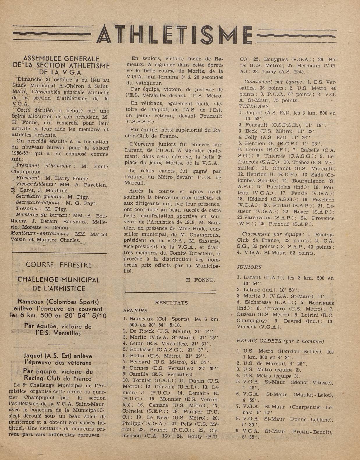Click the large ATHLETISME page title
pyautogui.click(x=175, y=35)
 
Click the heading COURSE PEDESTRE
pyautogui.click(x=58, y=265)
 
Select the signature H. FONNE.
pyautogui.click(x=200, y=280)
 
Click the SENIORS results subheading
pyautogui.click(x=135, y=311)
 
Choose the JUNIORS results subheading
pyautogui.click(x=249, y=267)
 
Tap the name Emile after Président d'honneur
pyautogui.click(x=101, y=167)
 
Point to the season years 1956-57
pyautogui.click(x=22, y=154)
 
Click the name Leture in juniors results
pyautogui.click(x=252, y=290)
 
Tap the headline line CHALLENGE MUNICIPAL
pyautogui.click(x=58, y=280)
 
